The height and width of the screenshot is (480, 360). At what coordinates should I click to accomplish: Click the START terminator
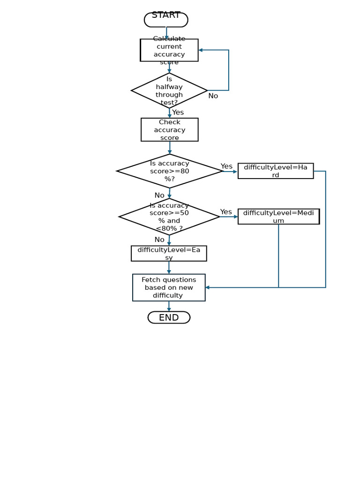pyautogui.click(x=166, y=20)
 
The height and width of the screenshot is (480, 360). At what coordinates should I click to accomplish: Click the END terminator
pyautogui.click(x=169, y=317)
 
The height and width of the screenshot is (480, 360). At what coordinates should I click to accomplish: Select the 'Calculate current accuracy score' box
pyautogui.click(x=169, y=50)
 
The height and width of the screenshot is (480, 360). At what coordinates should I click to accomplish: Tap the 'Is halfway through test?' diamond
pyautogui.click(x=169, y=90)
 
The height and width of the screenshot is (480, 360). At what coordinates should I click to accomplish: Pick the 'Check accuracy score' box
pyautogui.click(x=169, y=130)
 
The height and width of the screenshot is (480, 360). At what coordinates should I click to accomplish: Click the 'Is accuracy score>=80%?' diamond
pyautogui.click(x=169, y=171)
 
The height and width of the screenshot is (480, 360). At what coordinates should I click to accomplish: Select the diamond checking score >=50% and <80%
pyautogui.click(x=169, y=217)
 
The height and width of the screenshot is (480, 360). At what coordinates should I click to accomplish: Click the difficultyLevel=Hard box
pyautogui.click(x=276, y=171)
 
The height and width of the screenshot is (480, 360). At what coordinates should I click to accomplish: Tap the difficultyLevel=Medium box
pyautogui.click(x=278, y=217)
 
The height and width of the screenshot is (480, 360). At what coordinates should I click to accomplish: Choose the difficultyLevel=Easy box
pyautogui.click(x=169, y=254)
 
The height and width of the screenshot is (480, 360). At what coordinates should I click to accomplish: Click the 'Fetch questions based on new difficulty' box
pyautogui.click(x=169, y=287)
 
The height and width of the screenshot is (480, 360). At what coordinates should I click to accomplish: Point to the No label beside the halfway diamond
pyautogui.click(x=213, y=96)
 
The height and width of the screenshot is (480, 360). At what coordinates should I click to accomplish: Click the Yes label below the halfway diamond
pyautogui.click(x=178, y=112)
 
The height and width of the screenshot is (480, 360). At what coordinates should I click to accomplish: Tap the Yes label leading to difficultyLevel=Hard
pyautogui.click(x=226, y=166)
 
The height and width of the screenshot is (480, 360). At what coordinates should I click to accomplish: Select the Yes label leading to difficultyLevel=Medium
pyautogui.click(x=226, y=212)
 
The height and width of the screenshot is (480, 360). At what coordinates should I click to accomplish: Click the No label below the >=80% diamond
pyautogui.click(x=159, y=195)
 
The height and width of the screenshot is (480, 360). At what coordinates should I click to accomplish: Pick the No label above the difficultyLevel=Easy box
pyautogui.click(x=159, y=240)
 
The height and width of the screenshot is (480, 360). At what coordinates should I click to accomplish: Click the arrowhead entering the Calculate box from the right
pyautogui.click(x=201, y=50)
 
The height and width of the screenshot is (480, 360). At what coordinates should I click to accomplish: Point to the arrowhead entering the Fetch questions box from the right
pyautogui.click(x=208, y=287)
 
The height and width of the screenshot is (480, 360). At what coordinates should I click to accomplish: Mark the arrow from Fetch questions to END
pyautogui.click(x=169, y=306)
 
